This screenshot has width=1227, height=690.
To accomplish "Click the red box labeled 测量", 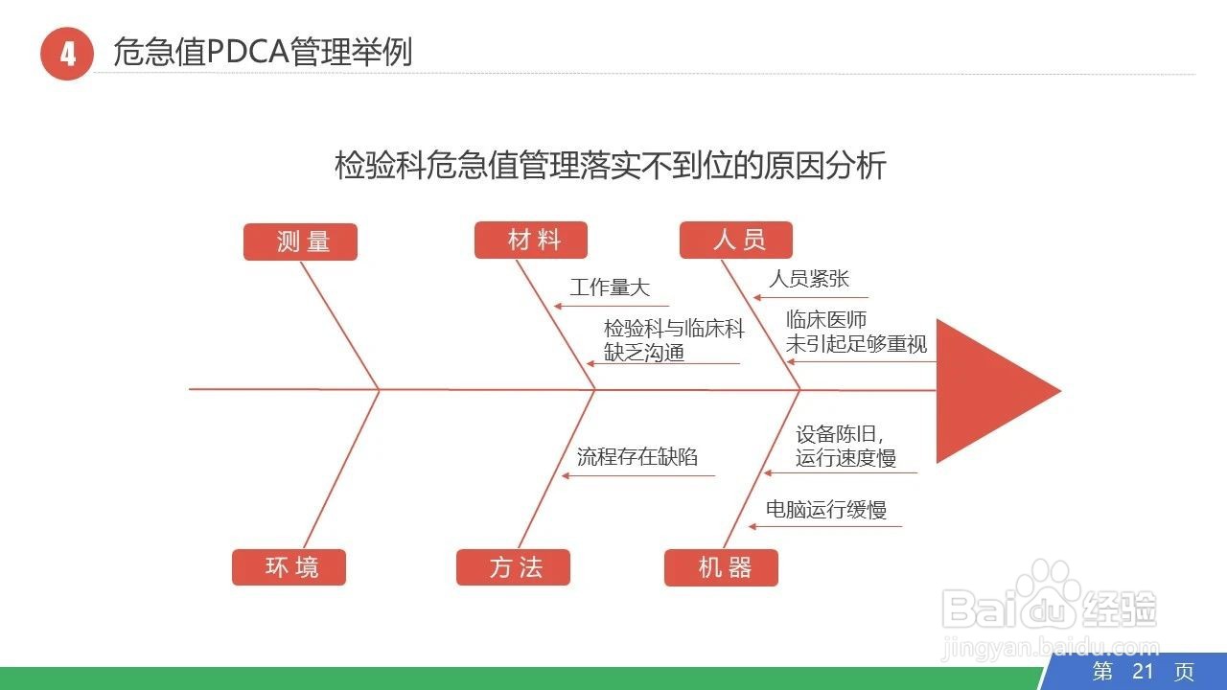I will tap(300, 241).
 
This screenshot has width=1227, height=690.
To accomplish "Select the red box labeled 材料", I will tap(531, 240).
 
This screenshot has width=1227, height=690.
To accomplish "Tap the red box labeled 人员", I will tap(736, 240).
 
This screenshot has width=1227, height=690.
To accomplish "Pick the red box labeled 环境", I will tap(289, 567).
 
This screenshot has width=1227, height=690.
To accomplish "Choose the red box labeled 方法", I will tap(513, 567).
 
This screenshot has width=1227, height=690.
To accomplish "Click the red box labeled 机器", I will tap(721, 567).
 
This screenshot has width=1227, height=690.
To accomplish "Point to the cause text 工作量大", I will tap(610, 287).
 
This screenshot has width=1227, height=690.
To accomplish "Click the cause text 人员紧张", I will tap(808, 278).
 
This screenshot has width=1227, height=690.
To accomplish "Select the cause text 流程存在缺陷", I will tap(637, 456).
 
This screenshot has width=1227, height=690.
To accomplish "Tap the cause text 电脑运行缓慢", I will tap(825, 509).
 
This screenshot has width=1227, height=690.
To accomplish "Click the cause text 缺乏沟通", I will tap(644, 353).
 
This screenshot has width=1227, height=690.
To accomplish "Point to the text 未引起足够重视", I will tap(856, 344).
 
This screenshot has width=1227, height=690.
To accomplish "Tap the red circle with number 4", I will tap(67, 54).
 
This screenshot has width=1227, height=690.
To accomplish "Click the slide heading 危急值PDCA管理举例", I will tap(263, 52).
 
